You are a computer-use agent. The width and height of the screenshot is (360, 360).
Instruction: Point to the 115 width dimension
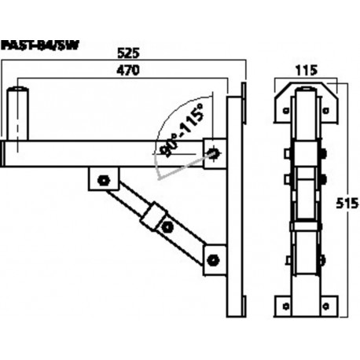coord(305,69)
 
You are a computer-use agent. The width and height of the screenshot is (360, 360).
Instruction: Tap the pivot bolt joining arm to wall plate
coord(215,151)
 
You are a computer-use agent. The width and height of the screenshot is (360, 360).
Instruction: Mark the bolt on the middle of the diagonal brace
coord(166,229)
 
